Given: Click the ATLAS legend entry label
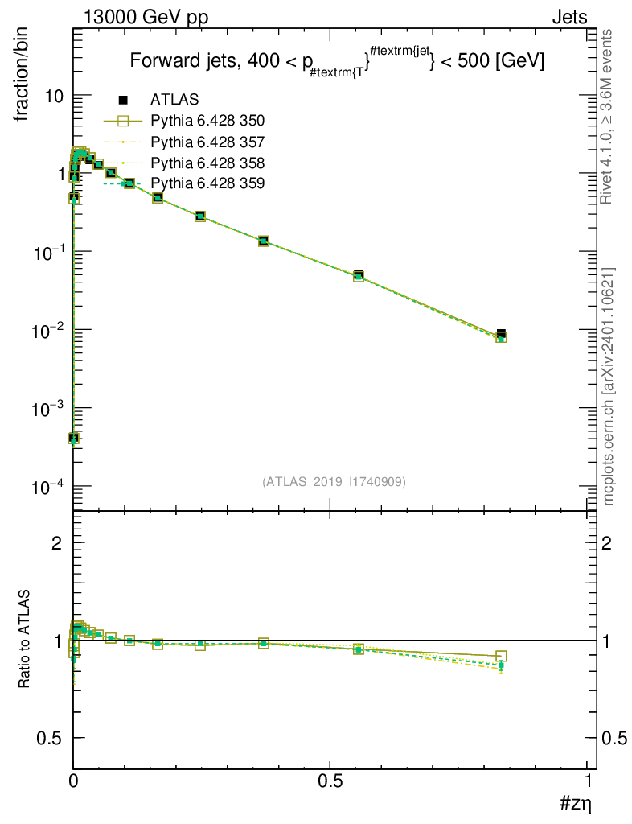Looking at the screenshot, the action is [174, 99].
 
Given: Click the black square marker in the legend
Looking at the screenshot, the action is [123, 99].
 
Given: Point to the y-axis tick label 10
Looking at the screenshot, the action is [53, 97].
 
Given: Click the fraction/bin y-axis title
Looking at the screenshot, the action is [22, 75].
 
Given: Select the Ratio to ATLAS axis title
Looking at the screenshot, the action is [23, 638].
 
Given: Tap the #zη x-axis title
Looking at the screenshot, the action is [576, 803].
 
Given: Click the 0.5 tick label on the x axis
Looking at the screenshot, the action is [330, 781].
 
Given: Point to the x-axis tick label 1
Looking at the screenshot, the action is [588, 781].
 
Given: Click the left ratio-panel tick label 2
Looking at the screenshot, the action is [57, 543].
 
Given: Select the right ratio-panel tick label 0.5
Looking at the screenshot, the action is [614, 739].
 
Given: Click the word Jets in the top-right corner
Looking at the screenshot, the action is [569, 18].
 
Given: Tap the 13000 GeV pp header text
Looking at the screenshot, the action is [146, 18].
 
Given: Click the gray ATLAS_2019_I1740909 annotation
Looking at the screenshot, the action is [334, 481].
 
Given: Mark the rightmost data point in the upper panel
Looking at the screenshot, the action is [501, 335].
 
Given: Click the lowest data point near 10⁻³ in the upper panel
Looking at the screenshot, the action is [73, 438].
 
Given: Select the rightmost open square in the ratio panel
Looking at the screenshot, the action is [501, 656].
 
